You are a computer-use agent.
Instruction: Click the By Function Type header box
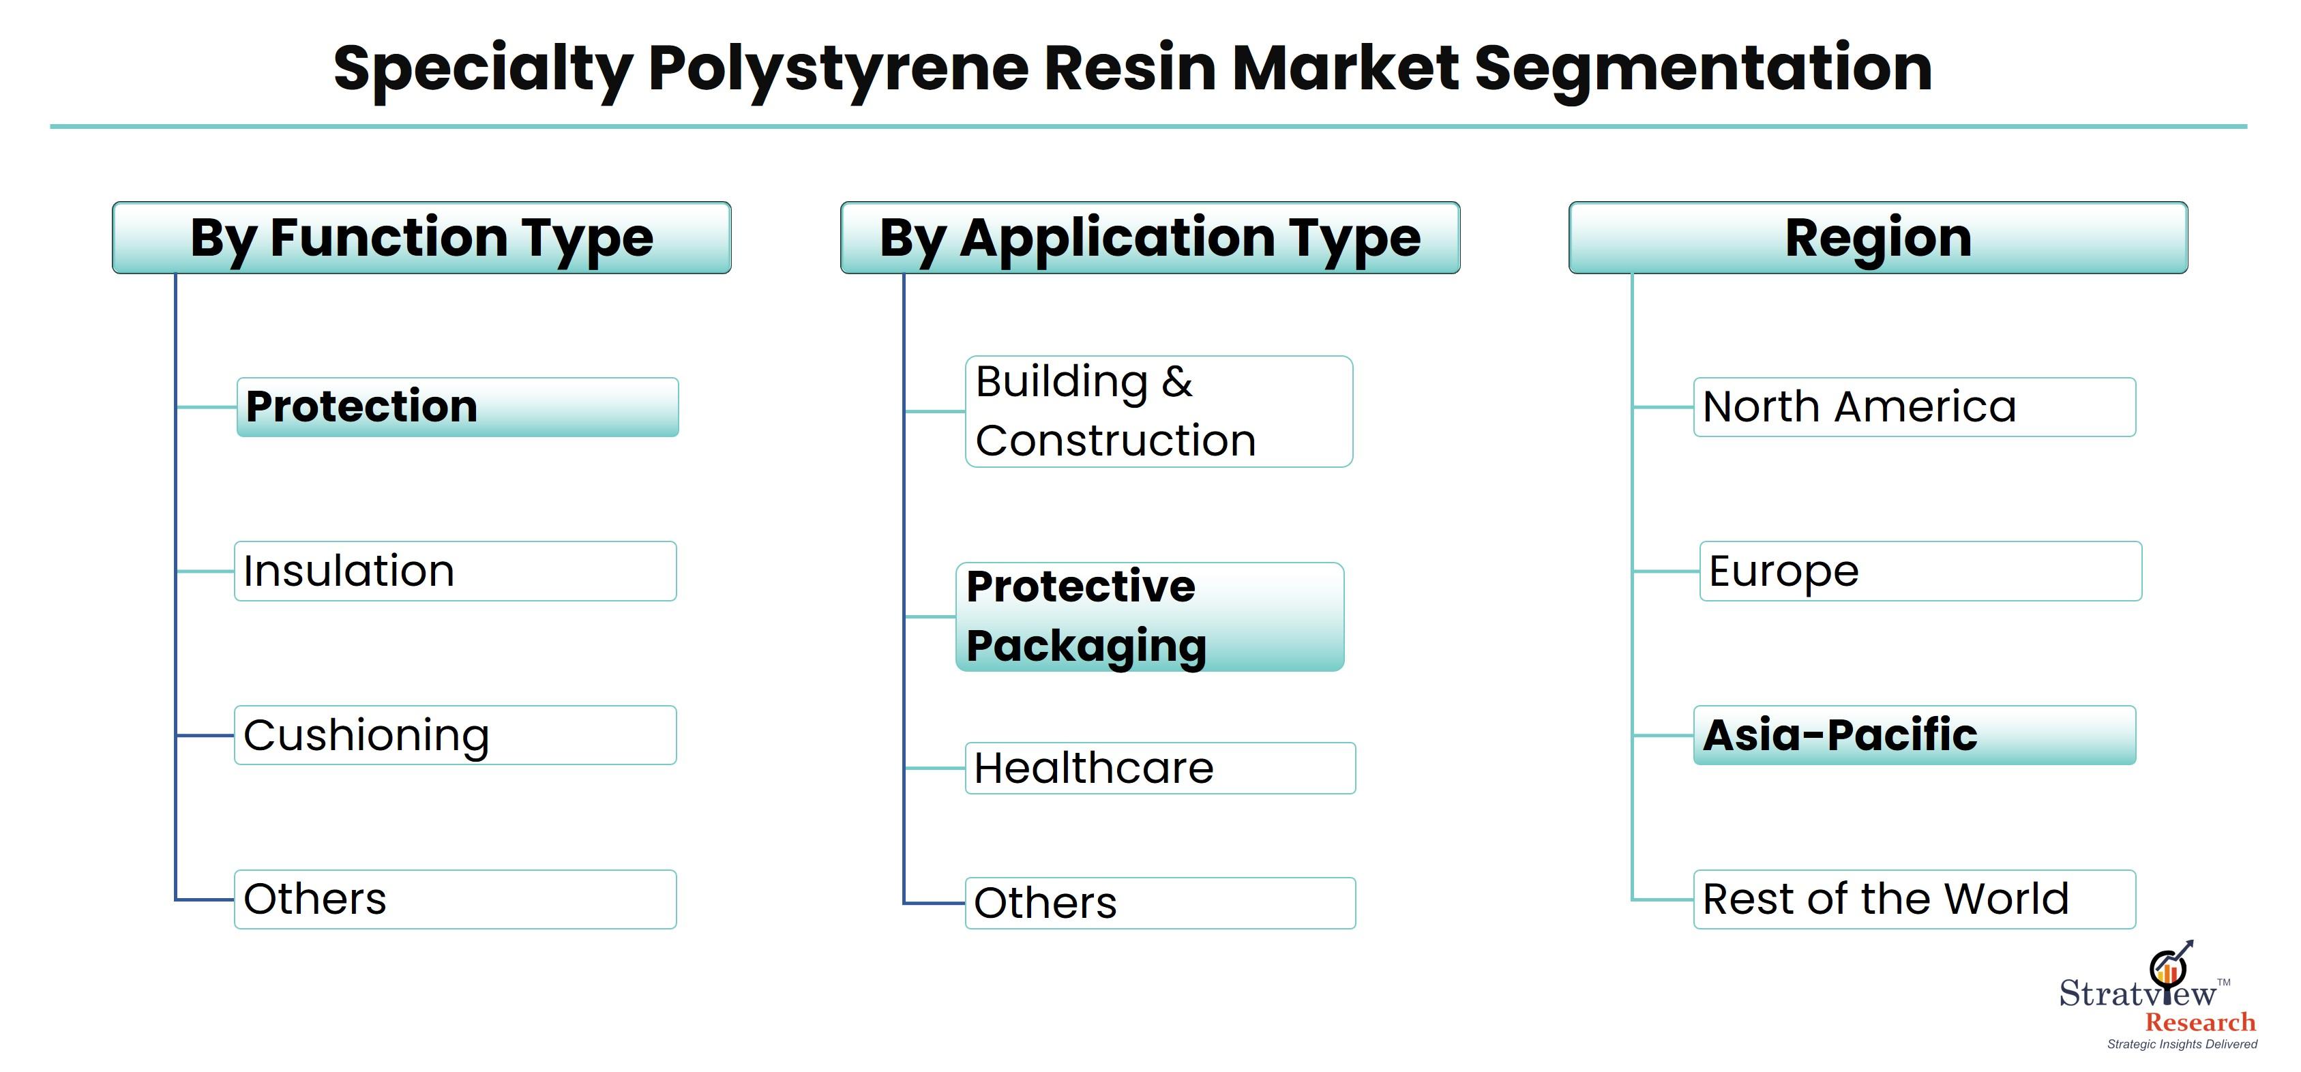point(421,237)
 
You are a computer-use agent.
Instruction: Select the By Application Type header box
point(1150,237)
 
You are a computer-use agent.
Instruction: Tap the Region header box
point(1878,237)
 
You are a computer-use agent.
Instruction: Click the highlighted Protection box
point(458,407)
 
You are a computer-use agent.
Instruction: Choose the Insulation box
point(456,571)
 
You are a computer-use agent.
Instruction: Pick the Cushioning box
point(456,735)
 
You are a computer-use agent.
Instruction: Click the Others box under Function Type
point(456,899)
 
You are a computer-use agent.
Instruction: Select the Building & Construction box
point(1159,412)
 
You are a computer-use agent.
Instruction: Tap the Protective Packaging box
point(1150,616)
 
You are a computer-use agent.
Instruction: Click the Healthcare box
point(1160,769)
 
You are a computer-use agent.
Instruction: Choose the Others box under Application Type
point(1160,903)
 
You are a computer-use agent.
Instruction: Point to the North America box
point(1915,407)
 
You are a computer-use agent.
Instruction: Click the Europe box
point(1920,571)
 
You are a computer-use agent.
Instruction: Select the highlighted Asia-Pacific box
point(1915,735)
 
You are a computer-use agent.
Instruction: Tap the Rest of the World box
point(1915,899)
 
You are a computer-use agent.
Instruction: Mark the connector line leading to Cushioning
point(205,735)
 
